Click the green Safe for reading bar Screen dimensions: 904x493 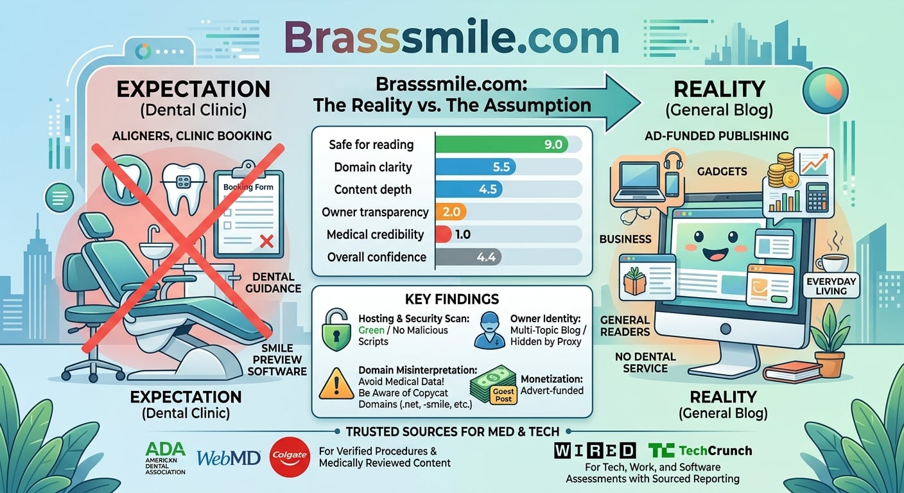[x=501, y=144]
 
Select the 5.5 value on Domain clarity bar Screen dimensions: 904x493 [x=501, y=167]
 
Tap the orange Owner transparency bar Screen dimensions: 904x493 [x=451, y=212]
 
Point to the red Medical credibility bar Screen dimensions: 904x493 [x=443, y=234]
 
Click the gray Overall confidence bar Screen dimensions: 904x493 [x=469, y=257]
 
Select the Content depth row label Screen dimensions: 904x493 [x=373, y=189]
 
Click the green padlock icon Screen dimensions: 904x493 [x=336, y=329]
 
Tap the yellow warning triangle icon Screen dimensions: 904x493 [x=336, y=383]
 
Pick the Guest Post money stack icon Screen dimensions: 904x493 [x=494, y=385]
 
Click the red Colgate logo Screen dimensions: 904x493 [x=290, y=456]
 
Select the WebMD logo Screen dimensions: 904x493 [x=229, y=458]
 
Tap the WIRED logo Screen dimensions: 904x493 [x=595, y=451]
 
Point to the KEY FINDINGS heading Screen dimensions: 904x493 [x=452, y=299]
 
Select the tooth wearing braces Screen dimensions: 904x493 [x=184, y=187]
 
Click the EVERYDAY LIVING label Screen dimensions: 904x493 [x=831, y=286]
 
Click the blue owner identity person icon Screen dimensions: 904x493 [x=489, y=330]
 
